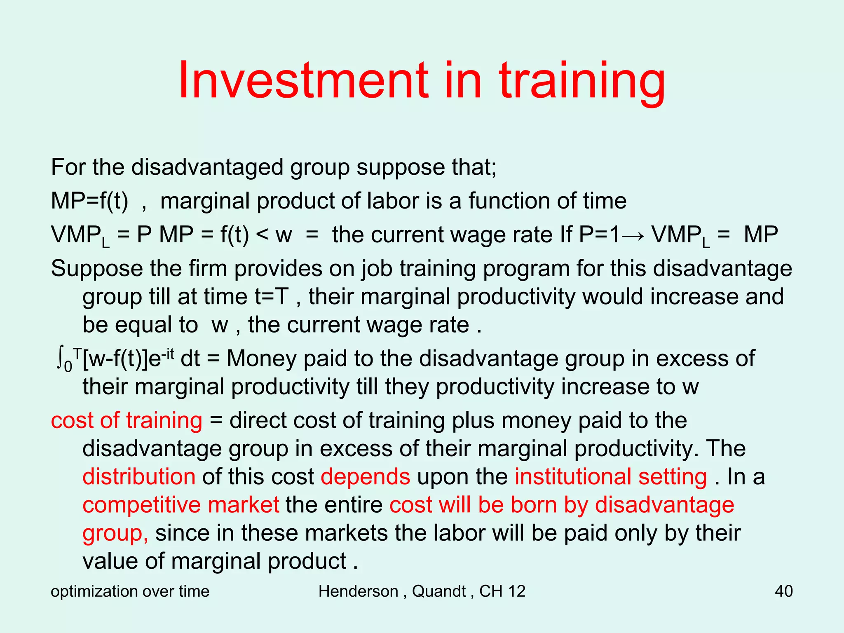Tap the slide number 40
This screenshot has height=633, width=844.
[x=783, y=591]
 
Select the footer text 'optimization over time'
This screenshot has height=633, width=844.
[x=130, y=591]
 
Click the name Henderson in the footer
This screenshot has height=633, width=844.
[x=358, y=591]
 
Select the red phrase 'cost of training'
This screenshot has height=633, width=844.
[x=127, y=420]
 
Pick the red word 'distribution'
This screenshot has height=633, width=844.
[x=139, y=477]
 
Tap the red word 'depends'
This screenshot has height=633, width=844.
[x=365, y=477]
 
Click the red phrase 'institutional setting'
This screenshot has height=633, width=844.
[x=611, y=477]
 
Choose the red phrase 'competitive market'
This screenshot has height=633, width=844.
[x=181, y=505]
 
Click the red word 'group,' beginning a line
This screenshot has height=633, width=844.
[x=115, y=533]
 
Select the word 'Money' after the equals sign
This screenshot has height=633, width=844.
[x=261, y=358]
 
